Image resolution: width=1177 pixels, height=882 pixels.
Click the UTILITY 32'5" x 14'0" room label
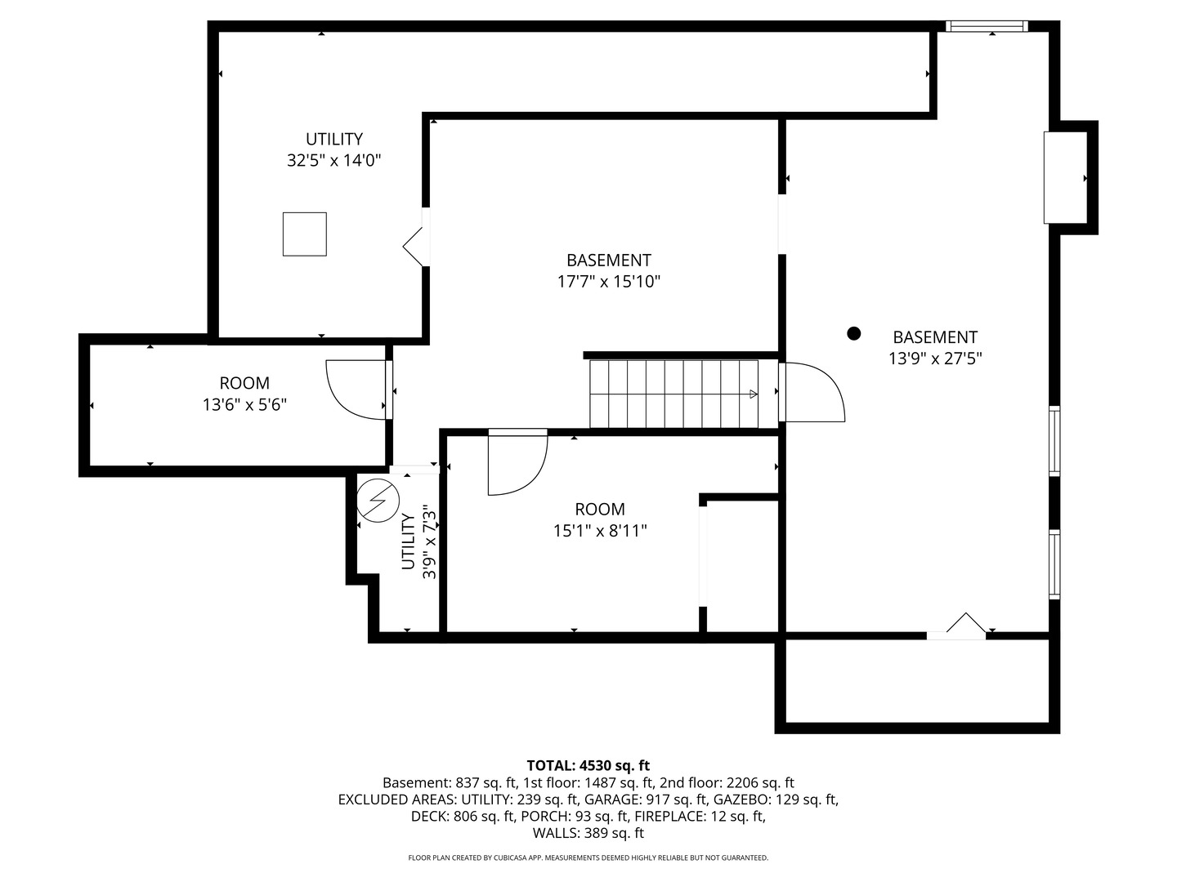click(x=334, y=149)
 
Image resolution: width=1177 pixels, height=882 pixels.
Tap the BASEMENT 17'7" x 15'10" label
click(x=608, y=270)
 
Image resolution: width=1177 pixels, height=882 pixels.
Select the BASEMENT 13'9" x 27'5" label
click(x=935, y=347)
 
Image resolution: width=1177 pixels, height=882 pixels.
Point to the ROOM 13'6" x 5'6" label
click(x=244, y=393)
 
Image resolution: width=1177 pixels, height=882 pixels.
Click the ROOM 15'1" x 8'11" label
click(x=600, y=519)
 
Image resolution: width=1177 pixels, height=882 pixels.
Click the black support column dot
click(x=854, y=333)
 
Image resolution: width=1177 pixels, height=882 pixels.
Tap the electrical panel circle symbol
click(x=378, y=499)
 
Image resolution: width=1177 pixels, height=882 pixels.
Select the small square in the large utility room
click(x=305, y=234)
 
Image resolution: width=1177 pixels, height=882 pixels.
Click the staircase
click(x=674, y=394)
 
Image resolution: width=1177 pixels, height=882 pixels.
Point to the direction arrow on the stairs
click(x=753, y=394)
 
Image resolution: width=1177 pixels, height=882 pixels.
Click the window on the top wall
click(x=987, y=27)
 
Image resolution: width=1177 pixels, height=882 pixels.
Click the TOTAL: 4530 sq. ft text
click(x=588, y=765)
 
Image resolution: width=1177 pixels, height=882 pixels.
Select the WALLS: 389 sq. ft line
click(x=588, y=833)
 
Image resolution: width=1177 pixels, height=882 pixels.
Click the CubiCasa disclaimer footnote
click(x=588, y=857)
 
